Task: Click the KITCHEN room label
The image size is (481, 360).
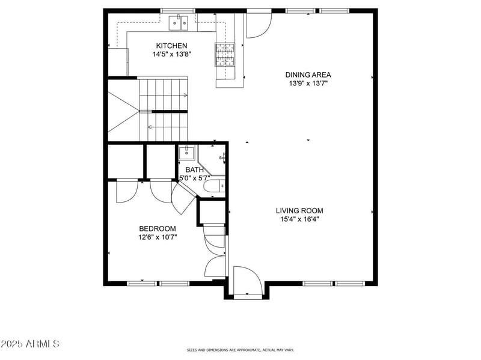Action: [x=171, y=46]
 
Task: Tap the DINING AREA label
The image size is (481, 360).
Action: [x=308, y=75]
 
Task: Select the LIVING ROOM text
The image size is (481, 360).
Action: [x=299, y=211]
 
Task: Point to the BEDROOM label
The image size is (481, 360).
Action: [x=158, y=229]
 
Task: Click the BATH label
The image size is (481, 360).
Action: [x=194, y=170]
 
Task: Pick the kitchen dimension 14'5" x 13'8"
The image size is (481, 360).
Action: [x=172, y=54]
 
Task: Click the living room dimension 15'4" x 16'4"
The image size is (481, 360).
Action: [x=299, y=219]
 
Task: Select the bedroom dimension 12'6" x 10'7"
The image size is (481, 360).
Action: [x=158, y=237]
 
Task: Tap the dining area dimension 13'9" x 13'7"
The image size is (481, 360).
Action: [x=308, y=84]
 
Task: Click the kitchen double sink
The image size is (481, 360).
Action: [x=179, y=23]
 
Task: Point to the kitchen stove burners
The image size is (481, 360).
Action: [x=224, y=54]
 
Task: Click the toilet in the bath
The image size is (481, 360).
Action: [x=214, y=186]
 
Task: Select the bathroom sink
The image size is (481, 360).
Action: [x=186, y=153]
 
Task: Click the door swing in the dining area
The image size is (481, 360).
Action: [x=259, y=26]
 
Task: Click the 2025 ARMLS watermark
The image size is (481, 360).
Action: [x=29, y=344]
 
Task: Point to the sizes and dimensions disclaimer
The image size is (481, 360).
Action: [x=240, y=350]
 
